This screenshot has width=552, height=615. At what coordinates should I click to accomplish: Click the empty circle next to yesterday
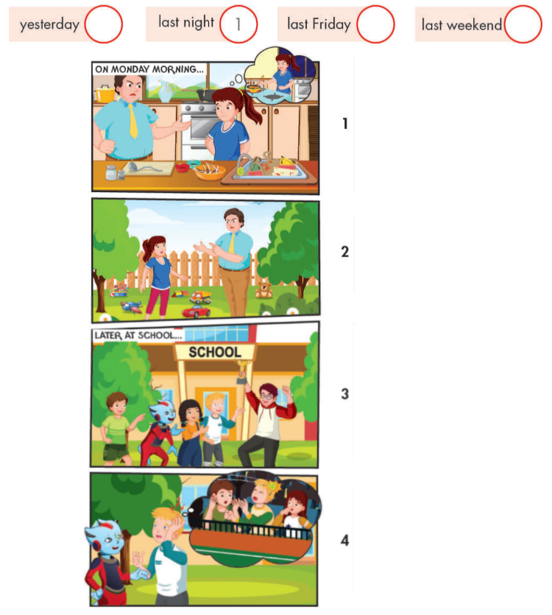(103, 24)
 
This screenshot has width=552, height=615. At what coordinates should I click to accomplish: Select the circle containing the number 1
(238, 24)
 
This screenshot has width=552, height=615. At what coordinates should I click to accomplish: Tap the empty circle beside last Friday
(375, 24)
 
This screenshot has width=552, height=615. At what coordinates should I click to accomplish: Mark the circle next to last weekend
(523, 24)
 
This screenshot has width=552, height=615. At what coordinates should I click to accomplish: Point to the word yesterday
(49, 24)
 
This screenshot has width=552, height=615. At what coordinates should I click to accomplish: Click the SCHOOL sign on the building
(214, 351)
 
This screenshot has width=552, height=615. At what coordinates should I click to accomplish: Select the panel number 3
(344, 393)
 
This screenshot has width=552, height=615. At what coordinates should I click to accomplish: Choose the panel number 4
(344, 541)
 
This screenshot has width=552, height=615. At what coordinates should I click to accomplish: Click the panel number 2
(344, 251)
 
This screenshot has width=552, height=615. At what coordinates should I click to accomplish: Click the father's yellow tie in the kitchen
(133, 120)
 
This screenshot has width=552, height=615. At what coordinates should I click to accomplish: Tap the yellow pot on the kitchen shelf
(105, 94)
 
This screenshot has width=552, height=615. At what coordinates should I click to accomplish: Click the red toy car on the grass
(195, 311)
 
